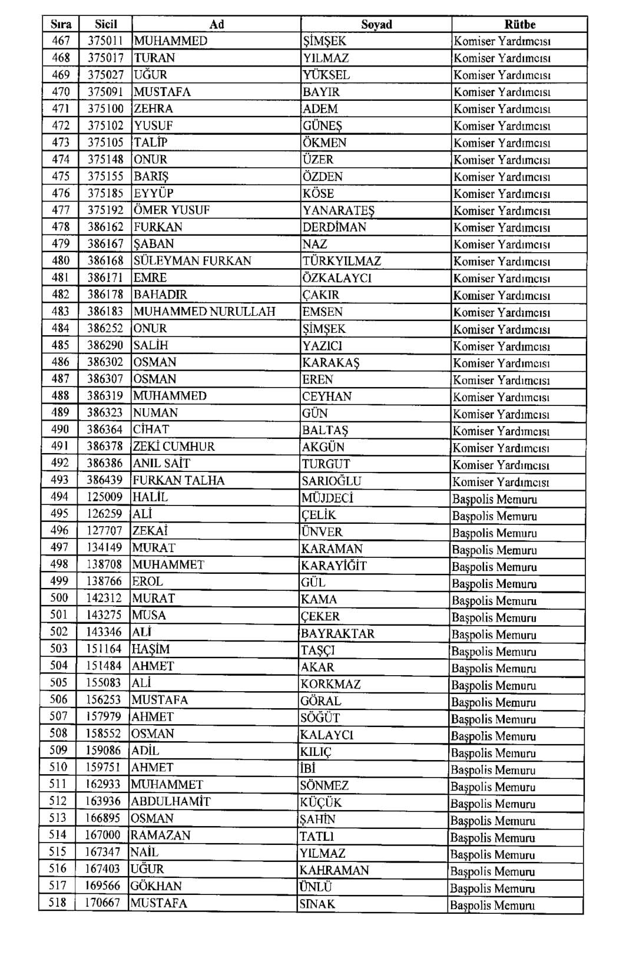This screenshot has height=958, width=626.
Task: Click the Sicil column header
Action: [106, 24]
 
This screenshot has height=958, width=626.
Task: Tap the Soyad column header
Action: [376, 24]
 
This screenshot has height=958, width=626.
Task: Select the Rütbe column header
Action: [519, 24]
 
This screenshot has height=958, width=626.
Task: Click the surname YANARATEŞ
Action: [338, 210]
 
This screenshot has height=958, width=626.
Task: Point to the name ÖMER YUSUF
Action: [171, 210]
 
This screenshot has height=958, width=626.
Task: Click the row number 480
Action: [61, 260]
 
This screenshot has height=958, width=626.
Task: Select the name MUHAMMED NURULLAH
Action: [204, 311]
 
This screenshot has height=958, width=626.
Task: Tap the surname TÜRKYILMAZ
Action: [342, 261]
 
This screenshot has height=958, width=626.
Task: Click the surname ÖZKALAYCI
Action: [337, 278]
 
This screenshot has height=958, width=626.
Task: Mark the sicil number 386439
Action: [105, 480]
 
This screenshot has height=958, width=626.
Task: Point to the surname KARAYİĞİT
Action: [333, 566]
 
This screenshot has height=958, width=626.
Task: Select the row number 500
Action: [59, 598]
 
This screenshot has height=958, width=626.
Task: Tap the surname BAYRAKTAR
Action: [337, 633]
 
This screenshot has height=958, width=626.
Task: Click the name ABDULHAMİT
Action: [170, 801]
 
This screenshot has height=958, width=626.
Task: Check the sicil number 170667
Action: [102, 903]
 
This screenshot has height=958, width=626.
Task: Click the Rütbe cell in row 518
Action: [492, 906]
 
